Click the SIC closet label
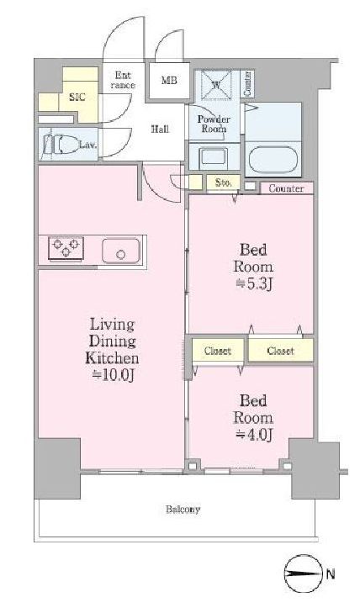tap(77, 97)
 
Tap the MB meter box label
tap(169, 81)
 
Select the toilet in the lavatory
tap(64, 145)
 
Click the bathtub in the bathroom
tap(273, 159)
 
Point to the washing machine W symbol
tap(216, 85)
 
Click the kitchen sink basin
tap(120, 251)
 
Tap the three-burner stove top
tap(66, 248)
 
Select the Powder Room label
tap(214, 124)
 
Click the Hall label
tap(160, 129)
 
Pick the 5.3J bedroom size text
tap(255, 284)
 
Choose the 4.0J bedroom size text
tap(255, 435)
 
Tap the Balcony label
tap(183, 509)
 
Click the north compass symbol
tap(304, 574)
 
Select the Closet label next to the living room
tap(218, 351)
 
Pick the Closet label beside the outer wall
tap(280, 351)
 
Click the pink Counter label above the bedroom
tap(286, 188)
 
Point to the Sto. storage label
tap(223, 182)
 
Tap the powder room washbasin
tap(214, 158)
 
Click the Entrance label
tap(123, 80)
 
